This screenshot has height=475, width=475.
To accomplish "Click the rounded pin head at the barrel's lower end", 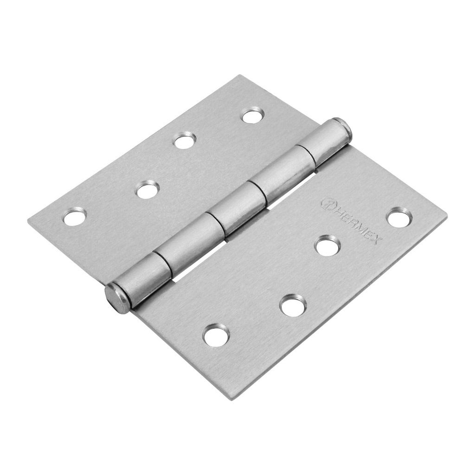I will [x=117, y=298].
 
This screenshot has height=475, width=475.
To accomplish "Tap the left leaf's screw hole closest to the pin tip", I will [x=253, y=115].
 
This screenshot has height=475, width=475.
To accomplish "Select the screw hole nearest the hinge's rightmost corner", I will [x=399, y=218].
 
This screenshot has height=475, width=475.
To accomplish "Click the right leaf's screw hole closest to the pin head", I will [x=216, y=335].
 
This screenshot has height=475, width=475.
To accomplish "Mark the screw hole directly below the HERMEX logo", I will [x=327, y=245].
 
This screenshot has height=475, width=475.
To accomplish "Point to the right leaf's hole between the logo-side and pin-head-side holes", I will [x=293, y=305].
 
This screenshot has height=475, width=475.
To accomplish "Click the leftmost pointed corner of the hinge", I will [x=29, y=219].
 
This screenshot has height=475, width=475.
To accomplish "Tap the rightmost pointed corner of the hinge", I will [x=446, y=216].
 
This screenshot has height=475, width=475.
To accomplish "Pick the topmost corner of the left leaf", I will [x=241, y=76].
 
